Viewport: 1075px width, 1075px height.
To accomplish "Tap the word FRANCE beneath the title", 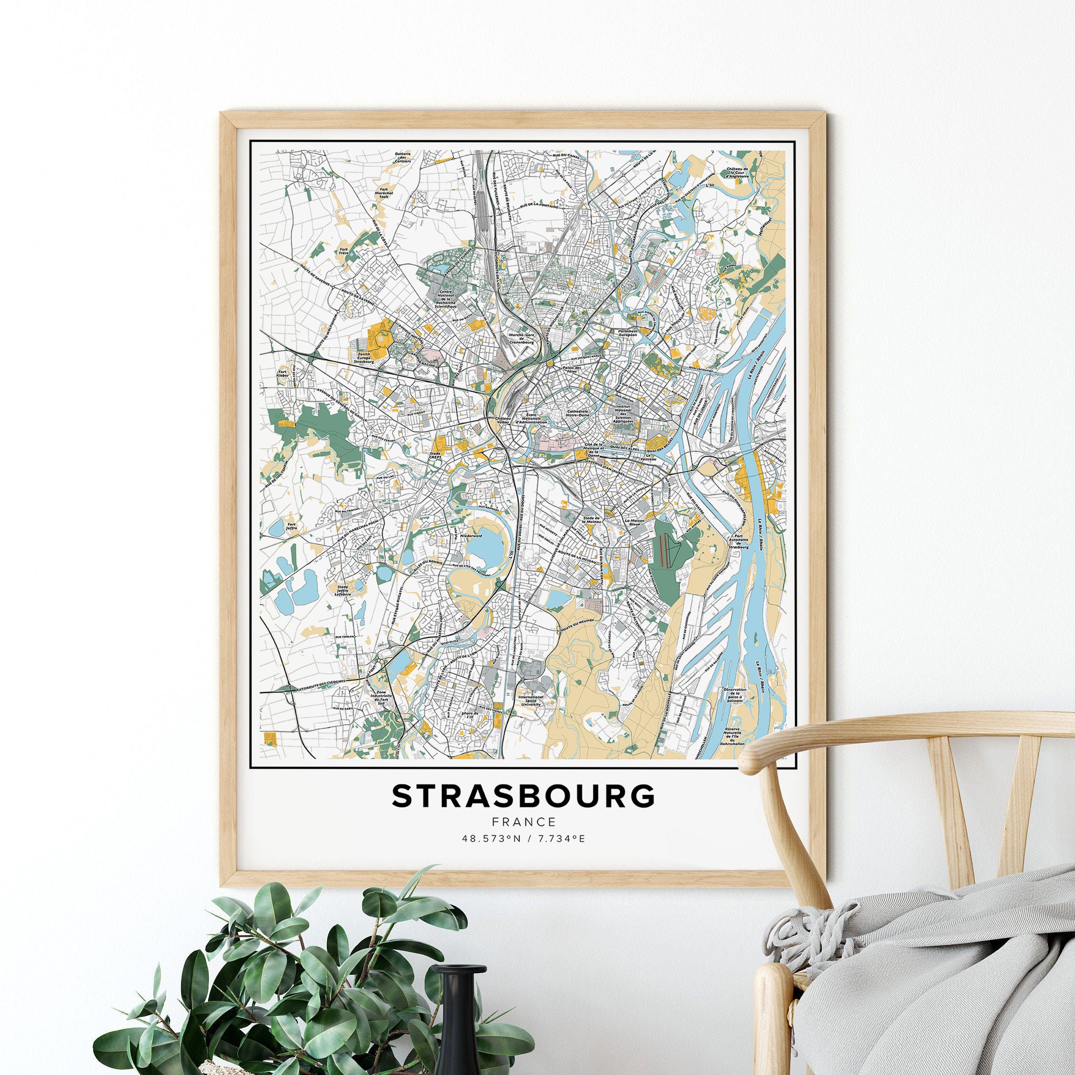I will [x=523, y=822].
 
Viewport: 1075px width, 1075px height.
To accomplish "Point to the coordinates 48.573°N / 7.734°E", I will [x=523, y=838].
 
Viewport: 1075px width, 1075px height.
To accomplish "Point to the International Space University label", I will [x=530, y=700].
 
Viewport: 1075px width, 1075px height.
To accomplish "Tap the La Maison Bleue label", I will [x=634, y=523].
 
